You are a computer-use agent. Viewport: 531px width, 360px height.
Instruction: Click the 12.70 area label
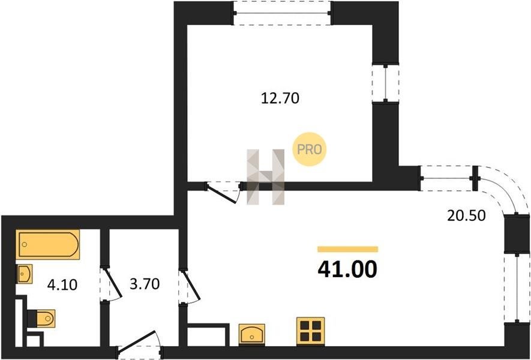(x=280, y=98)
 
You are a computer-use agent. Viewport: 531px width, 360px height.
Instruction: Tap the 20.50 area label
(x=466, y=215)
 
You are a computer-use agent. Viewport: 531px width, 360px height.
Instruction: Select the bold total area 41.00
(x=347, y=269)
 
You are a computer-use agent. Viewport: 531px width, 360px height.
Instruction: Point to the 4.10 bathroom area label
(x=62, y=285)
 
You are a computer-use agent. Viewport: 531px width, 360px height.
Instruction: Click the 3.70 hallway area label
(x=145, y=284)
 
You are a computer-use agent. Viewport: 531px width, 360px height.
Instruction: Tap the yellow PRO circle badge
(x=309, y=149)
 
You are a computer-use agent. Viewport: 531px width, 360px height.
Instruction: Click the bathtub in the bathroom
(x=48, y=245)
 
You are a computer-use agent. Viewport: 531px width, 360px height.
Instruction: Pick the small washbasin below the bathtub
(x=25, y=274)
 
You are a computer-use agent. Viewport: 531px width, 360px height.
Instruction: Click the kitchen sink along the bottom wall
(x=252, y=335)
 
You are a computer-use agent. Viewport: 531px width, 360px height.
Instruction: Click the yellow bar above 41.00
(x=348, y=250)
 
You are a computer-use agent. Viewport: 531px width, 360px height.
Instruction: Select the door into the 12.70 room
(x=224, y=191)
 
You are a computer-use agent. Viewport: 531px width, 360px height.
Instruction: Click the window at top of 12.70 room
(x=282, y=13)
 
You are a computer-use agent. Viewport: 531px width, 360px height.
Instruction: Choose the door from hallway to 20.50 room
(x=190, y=286)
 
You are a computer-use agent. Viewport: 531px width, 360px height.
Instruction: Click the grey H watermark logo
(x=265, y=177)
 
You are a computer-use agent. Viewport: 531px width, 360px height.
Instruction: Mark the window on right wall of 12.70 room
(x=385, y=83)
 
